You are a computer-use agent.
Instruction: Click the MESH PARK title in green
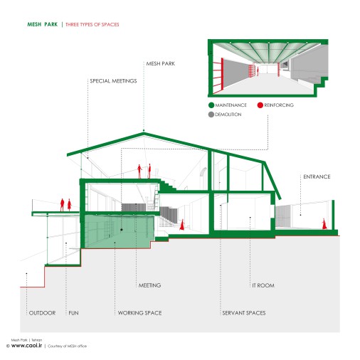pos(43,24)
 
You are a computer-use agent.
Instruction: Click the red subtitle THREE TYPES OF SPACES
pos(92,24)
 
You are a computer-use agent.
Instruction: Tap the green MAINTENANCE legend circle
pos(211,105)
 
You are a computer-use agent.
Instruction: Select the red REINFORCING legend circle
pos(260,105)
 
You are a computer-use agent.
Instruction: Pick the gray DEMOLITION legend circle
pos(211,115)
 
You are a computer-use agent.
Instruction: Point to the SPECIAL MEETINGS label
pos(113,81)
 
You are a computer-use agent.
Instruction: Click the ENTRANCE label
pos(317,176)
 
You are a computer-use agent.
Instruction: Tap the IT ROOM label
pos(263,285)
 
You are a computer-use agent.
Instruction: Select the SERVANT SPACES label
pos(244,313)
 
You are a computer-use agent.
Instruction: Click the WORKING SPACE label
pos(140,313)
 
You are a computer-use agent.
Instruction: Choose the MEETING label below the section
pos(149,285)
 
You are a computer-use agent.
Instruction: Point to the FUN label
pos(73,313)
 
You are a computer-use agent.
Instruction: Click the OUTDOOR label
pos(42,313)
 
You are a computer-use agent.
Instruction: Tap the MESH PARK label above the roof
pos(161,63)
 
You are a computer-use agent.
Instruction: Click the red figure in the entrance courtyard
pos(324,224)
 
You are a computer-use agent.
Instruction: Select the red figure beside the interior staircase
pos(182,225)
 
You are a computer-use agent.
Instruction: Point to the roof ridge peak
pos(144,133)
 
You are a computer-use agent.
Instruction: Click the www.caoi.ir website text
pos(26,346)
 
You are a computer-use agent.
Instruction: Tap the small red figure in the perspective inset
pos(258,71)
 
